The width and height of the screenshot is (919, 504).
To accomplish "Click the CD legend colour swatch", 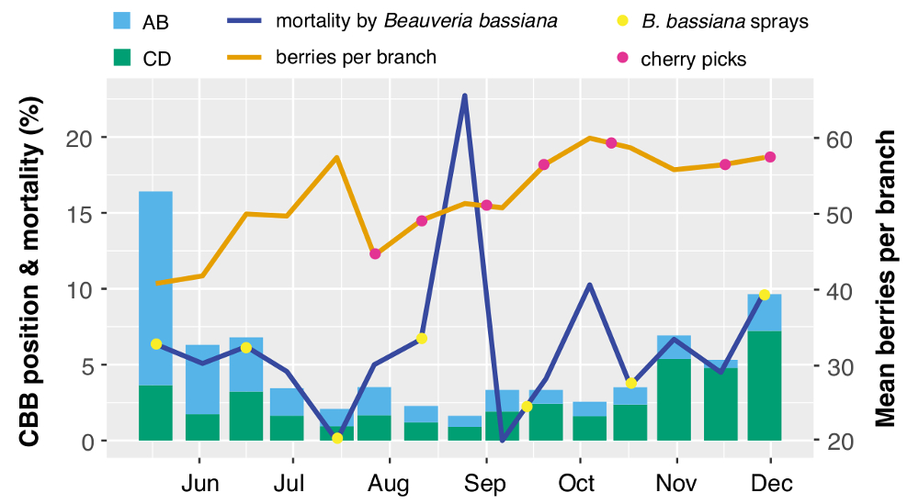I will click(121, 59).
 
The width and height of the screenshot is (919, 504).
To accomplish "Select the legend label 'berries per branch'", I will click(356, 57).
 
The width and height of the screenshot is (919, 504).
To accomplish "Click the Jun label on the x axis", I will click(199, 484).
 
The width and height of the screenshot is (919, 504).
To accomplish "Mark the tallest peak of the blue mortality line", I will click(465, 95).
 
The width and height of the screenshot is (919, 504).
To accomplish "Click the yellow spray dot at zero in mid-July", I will click(337, 438).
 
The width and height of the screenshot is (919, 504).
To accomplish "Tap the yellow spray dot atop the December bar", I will click(765, 295).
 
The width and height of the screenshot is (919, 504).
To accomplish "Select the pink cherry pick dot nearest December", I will click(770, 157).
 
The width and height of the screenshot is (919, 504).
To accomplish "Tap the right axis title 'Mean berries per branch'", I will click(885, 277).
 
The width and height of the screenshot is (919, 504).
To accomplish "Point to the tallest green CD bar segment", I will click(765, 386).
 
